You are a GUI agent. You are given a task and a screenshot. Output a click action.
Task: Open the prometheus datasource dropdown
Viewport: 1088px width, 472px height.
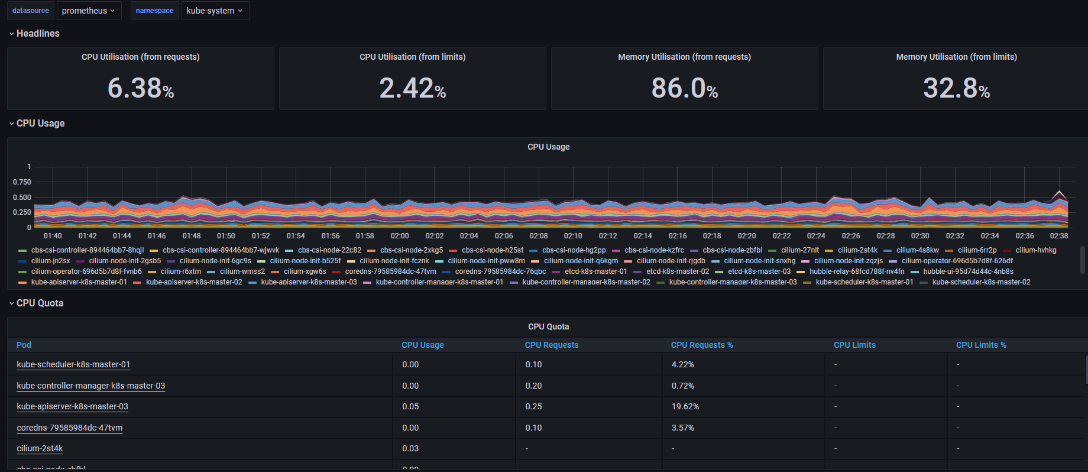click(88, 11)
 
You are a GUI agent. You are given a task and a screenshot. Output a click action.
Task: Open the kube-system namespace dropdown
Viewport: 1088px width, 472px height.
click(214, 11)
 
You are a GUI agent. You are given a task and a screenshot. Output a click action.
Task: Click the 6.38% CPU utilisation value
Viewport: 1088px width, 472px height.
click(141, 88)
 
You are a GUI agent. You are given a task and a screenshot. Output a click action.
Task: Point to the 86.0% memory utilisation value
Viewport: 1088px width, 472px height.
click(684, 88)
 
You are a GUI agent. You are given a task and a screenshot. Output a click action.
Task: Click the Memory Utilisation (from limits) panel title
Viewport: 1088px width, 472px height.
click(956, 57)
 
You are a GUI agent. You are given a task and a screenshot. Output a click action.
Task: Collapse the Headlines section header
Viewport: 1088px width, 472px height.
click(38, 34)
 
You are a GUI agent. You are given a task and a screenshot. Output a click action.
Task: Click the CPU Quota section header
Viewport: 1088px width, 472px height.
click(40, 303)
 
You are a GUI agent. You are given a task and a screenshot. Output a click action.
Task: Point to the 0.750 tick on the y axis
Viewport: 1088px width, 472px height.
click(22, 182)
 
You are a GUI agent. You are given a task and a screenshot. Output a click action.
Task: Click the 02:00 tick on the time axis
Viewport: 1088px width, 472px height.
click(400, 236)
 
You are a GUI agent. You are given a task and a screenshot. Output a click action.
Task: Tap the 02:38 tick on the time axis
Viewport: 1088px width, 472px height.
click(1058, 236)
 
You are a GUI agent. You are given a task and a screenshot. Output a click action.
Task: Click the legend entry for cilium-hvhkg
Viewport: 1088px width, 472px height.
click(1035, 250)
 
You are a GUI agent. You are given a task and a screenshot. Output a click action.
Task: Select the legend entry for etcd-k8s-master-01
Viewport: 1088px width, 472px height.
click(595, 271)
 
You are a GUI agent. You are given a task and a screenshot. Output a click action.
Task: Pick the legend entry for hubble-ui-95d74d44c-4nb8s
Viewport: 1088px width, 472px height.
click(968, 271)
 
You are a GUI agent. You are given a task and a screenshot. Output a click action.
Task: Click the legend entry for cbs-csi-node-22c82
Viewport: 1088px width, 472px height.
click(329, 250)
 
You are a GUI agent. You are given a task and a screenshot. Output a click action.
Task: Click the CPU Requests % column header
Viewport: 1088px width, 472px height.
click(702, 345)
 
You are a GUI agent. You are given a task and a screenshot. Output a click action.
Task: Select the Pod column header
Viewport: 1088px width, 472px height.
click(24, 345)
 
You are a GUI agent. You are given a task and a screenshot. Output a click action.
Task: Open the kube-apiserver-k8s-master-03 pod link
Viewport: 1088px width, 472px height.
click(72, 406)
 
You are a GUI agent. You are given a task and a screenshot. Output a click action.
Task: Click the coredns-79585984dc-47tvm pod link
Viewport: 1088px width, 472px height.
click(70, 428)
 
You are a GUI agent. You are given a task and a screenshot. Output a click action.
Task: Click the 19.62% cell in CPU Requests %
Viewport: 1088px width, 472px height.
click(685, 406)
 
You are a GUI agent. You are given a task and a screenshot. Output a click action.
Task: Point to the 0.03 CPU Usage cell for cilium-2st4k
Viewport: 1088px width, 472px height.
click(410, 448)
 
